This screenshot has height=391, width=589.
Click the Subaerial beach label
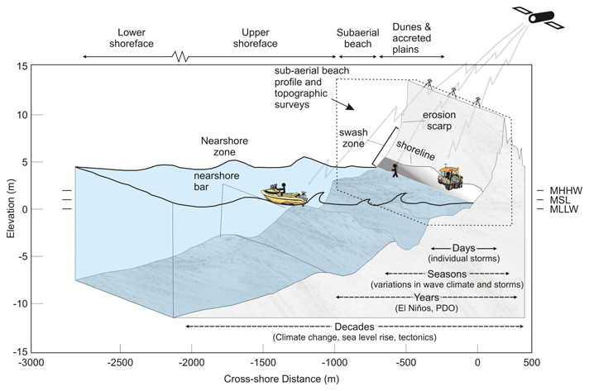[x=356, y=37]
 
